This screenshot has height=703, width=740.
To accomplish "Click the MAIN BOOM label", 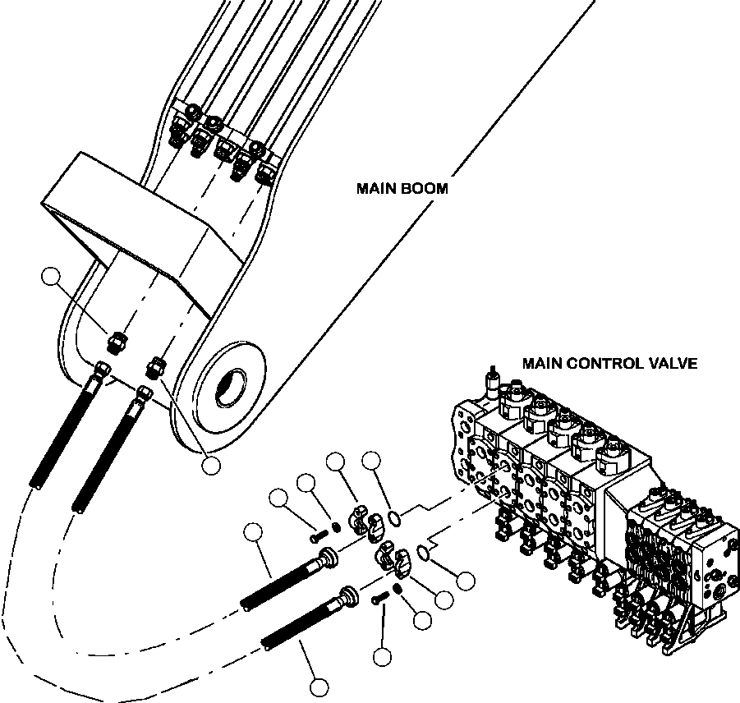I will coord(402,188).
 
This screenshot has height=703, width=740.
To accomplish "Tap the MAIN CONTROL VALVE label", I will coord(609,362).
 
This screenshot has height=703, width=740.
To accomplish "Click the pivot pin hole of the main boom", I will coord(232,383).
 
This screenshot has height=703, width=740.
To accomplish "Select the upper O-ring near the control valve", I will coord(395,517).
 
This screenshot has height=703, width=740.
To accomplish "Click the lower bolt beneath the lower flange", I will coord(378,600).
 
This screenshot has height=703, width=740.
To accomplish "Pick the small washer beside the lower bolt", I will coord(395,591).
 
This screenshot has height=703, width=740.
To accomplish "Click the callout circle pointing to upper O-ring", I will coord(371,461).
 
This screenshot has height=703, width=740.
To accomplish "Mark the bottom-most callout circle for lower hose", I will coord(319,686).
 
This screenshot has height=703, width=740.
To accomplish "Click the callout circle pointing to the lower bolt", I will coord(381,655).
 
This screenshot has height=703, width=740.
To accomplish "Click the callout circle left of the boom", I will coord(53,278).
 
